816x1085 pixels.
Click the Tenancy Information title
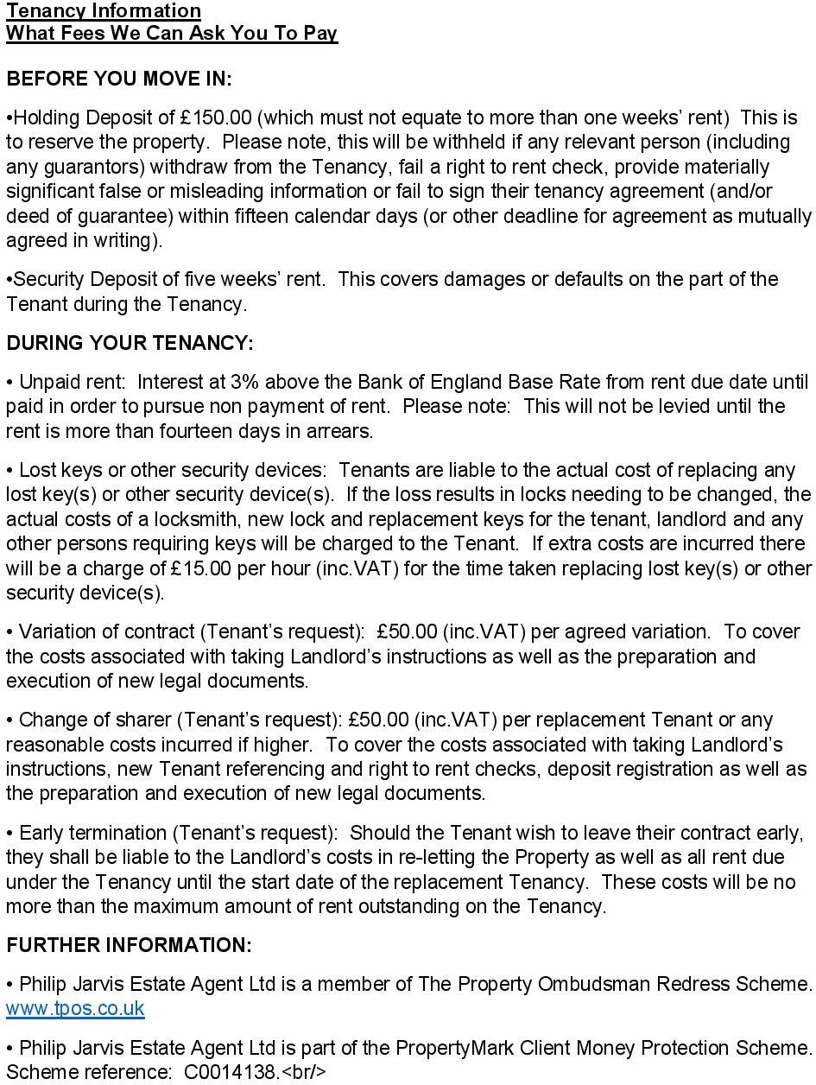[x=104, y=10]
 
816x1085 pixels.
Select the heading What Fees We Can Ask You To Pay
[x=171, y=33]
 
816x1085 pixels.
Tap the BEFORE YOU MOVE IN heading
[x=119, y=79]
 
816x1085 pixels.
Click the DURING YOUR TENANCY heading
[x=130, y=343]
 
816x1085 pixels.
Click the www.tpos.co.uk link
[x=75, y=1008]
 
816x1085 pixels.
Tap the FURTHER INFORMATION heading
[x=129, y=945]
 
